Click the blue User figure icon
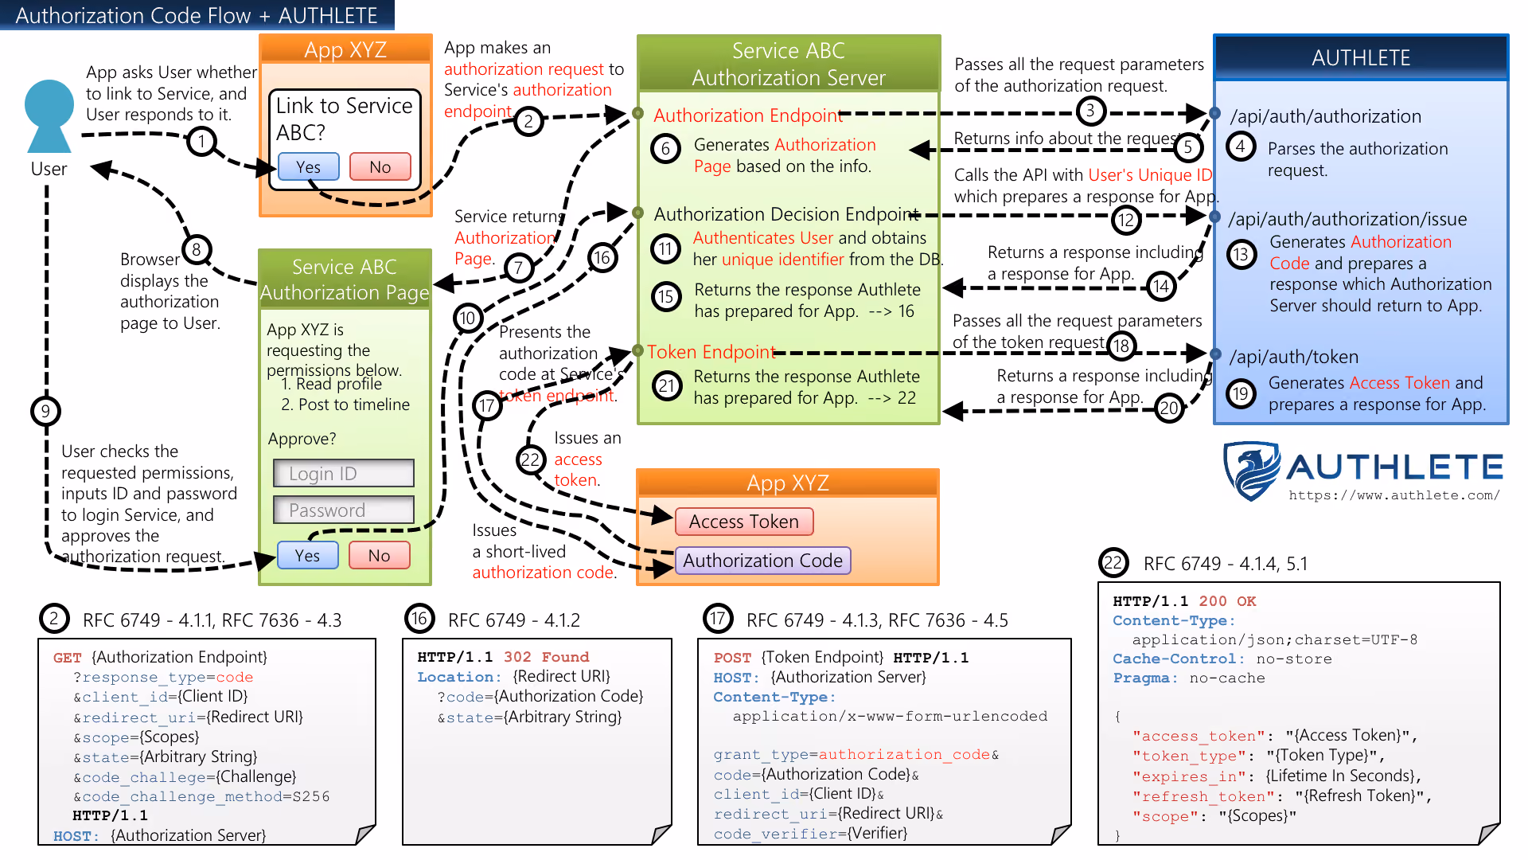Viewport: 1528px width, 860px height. [49, 115]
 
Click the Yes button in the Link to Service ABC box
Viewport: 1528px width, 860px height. [309, 167]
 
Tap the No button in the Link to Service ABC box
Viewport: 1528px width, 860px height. [380, 167]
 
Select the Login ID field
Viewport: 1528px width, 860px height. [344, 473]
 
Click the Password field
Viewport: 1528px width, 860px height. [344, 510]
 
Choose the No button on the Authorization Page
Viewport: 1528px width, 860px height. [380, 555]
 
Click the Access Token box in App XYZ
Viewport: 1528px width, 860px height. [744, 522]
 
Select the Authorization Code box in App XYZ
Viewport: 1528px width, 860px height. [762, 561]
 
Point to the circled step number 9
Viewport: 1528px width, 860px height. [45, 411]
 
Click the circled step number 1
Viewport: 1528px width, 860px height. [202, 142]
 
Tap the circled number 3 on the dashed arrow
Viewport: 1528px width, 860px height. [1091, 111]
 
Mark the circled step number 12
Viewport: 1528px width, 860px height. [1126, 220]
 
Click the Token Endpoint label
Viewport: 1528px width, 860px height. [711, 352]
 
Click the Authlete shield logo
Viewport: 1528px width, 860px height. [1252, 471]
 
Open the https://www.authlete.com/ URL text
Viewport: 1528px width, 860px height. [1394, 495]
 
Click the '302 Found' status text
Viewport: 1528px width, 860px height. [546, 657]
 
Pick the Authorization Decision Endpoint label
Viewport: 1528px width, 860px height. [786, 214]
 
